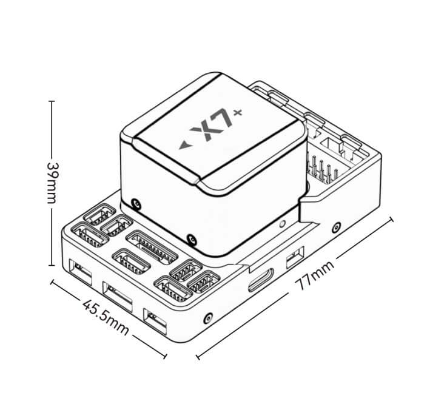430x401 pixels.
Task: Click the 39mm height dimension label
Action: [x=52, y=183]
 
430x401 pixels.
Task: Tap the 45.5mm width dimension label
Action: [x=106, y=318]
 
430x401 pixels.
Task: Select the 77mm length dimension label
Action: [x=315, y=275]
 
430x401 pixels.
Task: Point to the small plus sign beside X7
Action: [x=238, y=113]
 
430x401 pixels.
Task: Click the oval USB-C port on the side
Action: [x=261, y=280]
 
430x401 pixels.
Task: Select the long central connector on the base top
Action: [x=152, y=248]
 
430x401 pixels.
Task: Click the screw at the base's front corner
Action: [x=208, y=318]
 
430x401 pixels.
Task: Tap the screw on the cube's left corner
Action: [x=136, y=204]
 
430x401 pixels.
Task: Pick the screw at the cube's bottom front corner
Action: [x=192, y=241]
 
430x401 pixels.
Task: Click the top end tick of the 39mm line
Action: [x=52, y=101]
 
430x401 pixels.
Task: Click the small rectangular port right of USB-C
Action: [x=295, y=258]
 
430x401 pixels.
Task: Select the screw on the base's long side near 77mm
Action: [x=336, y=227]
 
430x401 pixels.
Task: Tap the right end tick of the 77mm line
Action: [x=391, y=220]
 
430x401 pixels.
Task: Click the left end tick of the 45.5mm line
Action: [x=52, y=282]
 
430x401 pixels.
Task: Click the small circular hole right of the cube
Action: [x=282, y=224]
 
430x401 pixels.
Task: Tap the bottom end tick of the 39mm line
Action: [x=52, y=265]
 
